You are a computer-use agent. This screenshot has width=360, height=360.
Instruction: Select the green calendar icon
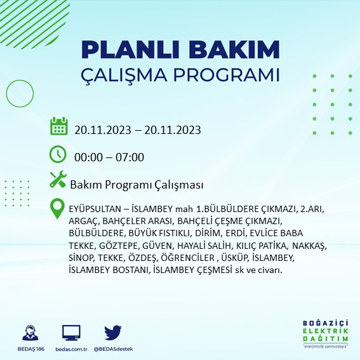(x=58, y=126)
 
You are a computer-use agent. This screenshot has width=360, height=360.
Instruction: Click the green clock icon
(x=58, y=154)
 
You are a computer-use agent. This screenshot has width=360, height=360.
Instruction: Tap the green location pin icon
(x=58, y=208)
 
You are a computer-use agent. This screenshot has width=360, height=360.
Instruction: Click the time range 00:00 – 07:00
(x=109, y=157)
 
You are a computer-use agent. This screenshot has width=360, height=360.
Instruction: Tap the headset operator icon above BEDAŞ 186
(x=30, y=333)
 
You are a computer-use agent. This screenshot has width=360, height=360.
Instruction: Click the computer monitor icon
(x=71, y=332)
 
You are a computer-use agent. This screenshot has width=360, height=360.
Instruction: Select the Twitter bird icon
(x=112, y=332)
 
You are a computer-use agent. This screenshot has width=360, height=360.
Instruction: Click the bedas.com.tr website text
(x=71, y=349)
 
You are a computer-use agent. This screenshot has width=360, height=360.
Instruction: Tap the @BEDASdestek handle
(x=112, y=349)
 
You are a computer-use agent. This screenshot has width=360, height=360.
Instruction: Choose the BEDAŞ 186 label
(x=30, y=349)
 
